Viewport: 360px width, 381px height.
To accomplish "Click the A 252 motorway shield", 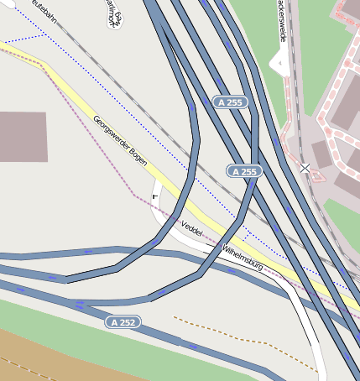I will click(x=123, y=322).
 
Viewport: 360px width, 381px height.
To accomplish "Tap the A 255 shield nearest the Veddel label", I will click(x=244, y=171).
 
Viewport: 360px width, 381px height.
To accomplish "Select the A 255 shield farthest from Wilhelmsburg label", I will click(x=230, y=102).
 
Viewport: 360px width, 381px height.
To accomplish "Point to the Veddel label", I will click(x=191, y=228).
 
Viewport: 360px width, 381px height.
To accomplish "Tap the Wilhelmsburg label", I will click(x=243, y=258).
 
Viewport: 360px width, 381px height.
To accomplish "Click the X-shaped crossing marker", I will click(x=305, y=169).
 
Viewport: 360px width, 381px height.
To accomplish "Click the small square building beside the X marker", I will click(x=321, y=154).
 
